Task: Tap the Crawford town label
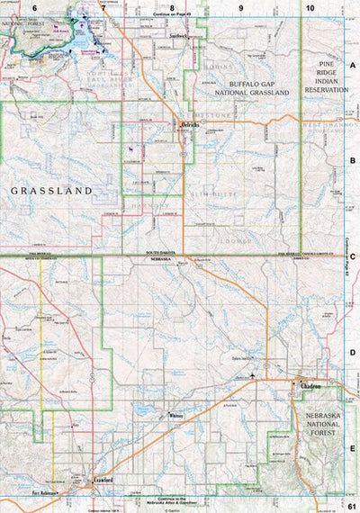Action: click(103, 481)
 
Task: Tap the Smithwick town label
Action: click(177, 37)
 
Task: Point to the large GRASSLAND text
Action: click(51, 192)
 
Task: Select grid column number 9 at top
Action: click(240, 7)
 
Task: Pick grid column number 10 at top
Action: click(310, 7)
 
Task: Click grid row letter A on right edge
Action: click(353, 66)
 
